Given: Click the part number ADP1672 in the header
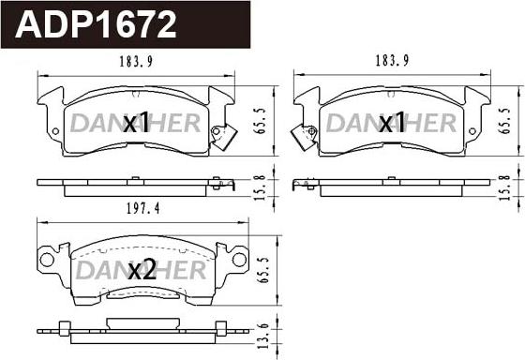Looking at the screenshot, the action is click(96, 24).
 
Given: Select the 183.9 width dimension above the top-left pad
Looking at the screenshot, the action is click(136, 62).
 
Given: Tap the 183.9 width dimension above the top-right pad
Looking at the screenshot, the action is click(392, 61).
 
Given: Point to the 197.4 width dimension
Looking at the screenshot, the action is click(143, 209).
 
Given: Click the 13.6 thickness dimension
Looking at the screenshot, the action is click(263, 336).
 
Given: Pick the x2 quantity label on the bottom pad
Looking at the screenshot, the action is click(142, 270).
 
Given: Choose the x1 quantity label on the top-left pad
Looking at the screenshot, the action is click(136, 123).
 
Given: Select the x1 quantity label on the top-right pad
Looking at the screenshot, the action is click(392, 123).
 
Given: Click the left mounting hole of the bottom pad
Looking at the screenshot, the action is click(47, 260).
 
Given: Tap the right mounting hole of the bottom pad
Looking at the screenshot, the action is click(239, 260).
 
